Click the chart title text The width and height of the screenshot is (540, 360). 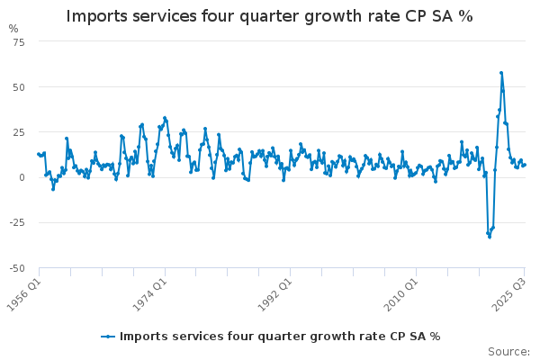pos(269,17)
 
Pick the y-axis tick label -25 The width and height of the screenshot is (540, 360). pos(18,222)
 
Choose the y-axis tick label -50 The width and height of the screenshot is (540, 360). pos(18,267)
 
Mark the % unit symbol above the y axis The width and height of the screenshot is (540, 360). pos(13,29)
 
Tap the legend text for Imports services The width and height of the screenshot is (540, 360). pos(280,337)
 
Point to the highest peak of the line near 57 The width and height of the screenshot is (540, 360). pos(501,73)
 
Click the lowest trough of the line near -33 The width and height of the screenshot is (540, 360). pos(489,237)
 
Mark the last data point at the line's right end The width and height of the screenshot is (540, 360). pos(525,165)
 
